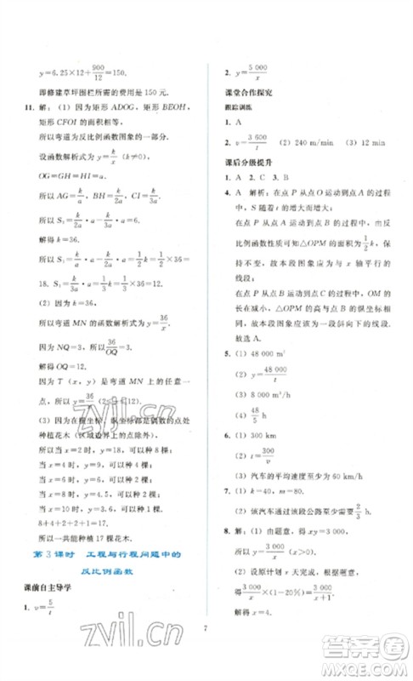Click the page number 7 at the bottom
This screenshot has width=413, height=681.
[x=206, y=634]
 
